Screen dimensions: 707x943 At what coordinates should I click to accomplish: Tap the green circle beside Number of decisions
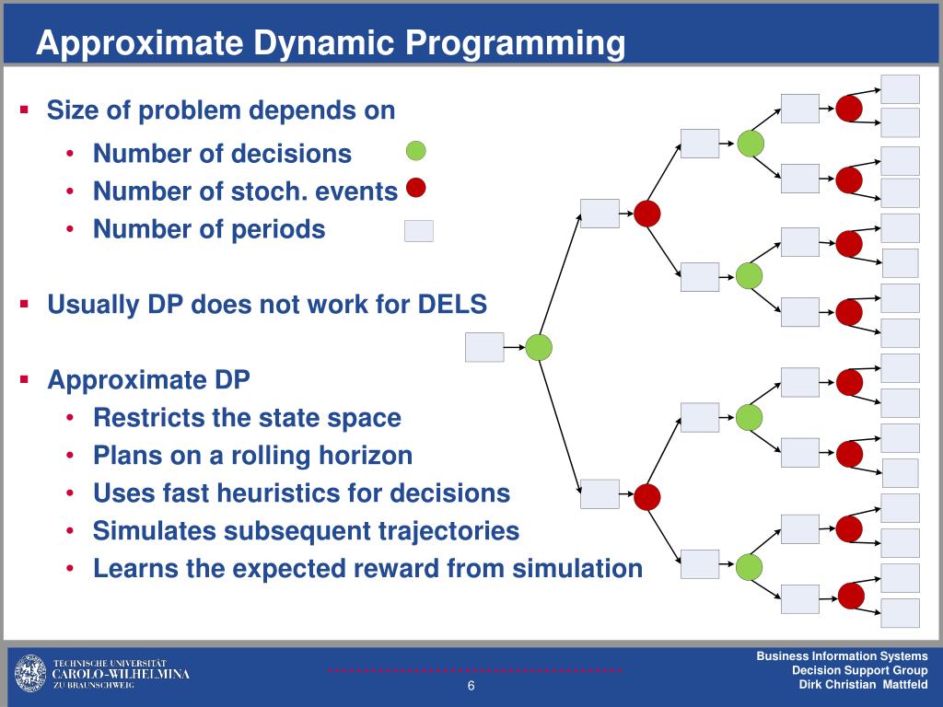point(416,151)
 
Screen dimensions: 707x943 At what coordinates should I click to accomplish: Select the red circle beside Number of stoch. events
point(416,188)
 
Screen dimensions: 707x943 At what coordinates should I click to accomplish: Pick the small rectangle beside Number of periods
point(418,230)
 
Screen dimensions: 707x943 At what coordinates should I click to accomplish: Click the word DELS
point(454,305)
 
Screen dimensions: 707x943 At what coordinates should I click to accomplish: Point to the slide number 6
point(471,688)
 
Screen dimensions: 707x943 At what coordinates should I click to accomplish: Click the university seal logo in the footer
point(29,674)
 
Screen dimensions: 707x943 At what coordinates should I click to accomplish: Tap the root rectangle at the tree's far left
point(484,347)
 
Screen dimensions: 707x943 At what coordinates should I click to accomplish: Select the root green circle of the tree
point(539,347)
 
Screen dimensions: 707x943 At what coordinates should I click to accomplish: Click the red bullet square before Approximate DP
point(25,378)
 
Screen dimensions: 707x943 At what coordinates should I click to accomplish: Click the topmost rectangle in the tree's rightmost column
point(901,88)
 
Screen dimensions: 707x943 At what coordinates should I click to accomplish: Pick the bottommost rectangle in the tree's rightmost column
point(901,613)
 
